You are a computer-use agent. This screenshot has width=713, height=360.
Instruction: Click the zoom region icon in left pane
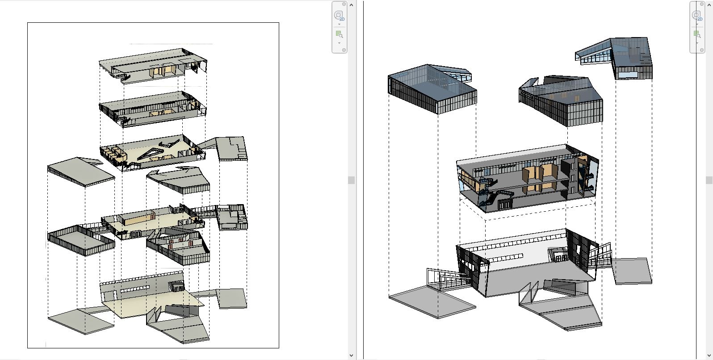point(339,34)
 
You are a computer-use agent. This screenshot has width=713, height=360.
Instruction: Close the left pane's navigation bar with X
point(344,4)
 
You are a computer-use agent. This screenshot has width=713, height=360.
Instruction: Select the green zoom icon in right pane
point(696,34)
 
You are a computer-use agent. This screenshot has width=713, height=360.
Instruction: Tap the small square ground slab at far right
point(632,270)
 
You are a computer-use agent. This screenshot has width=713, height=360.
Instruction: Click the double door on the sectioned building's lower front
point(505,204)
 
